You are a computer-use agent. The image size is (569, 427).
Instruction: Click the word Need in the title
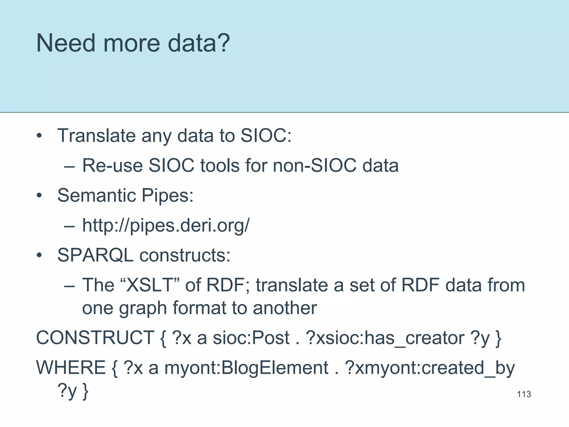(x=66, y=43)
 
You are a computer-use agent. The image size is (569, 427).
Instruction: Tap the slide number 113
(x=524, y=394)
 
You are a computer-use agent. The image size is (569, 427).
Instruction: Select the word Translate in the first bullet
(x=96, y=136)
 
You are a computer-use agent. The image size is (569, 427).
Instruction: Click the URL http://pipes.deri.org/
(x=166, y=225)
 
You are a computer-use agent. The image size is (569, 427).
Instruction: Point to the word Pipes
(x=167, y=195)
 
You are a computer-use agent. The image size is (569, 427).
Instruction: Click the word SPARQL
(x=95, y=255)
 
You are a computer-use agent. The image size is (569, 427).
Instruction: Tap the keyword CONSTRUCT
(x=95, y=338)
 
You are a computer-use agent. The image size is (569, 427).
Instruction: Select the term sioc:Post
(x=251, y=338)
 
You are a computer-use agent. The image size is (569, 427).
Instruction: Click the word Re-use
(x=112, y=166)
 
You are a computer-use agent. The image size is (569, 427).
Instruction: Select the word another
(x=285, y=308)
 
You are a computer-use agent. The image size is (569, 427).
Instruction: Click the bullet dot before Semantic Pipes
(x=39, y=195)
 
